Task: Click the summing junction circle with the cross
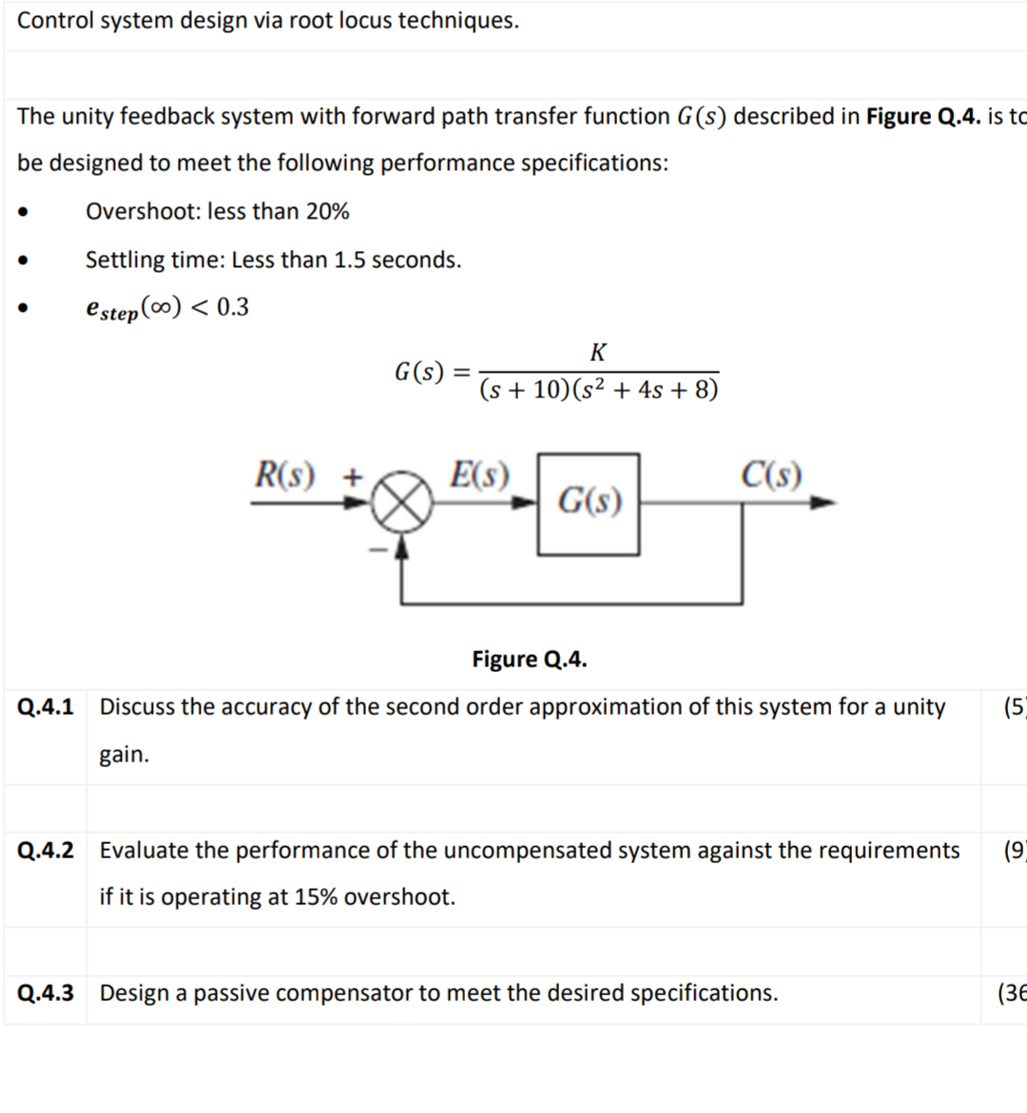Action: [x=401, y=503]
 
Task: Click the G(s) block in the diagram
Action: [x=589, y=504]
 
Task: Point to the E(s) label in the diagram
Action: [x=479, y=473]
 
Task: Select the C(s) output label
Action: [x=771, y=473]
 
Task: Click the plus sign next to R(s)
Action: [x=353, y=476]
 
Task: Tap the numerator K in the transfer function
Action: [x=598, y=353]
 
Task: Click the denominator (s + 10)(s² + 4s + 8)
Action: [x=599, y=390]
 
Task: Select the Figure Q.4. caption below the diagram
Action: [x=530, y=660]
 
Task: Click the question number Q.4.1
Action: [x=45, y=707]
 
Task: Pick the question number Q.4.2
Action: [x=45, y=851]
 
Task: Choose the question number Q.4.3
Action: [x=45, y=993]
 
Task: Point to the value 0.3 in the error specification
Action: [x=233, y=307]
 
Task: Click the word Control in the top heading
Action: [x=54, y=20]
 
